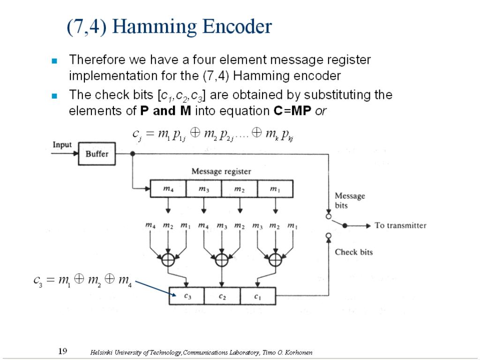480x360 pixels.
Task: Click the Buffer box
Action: point(97,154)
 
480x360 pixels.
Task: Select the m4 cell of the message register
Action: point(168,189)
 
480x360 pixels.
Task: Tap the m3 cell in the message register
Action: point(203,189)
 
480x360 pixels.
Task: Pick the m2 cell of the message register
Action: point(239,189)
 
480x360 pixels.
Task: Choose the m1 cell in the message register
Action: point(275,189)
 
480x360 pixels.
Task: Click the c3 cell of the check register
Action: point(187,296)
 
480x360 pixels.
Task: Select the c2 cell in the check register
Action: point(223,296)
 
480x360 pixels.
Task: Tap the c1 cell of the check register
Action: point(258,296)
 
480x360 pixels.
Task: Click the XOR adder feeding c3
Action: point(168,259)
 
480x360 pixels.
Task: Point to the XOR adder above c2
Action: point(221,259)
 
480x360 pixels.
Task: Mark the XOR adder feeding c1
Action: point(275,259)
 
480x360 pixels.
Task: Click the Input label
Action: point(62,144)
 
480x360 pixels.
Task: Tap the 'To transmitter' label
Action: point(400,225)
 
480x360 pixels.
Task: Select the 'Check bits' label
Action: point(353,252)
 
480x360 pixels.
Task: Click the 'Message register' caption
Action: point(221,172)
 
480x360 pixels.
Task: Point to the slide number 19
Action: point(63,351)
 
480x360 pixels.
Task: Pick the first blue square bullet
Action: point(54,61)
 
